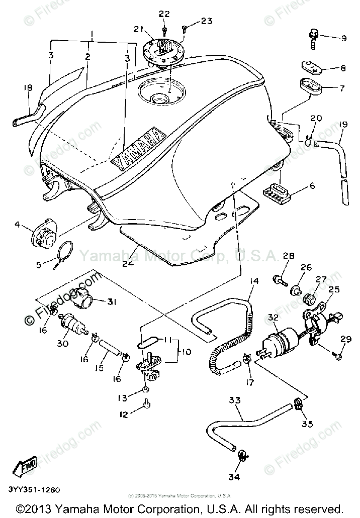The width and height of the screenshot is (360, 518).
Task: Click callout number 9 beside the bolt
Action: click(344, 38)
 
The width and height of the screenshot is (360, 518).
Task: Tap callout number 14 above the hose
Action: click(254, 281)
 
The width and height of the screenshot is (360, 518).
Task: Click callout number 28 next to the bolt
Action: click(288, 257)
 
